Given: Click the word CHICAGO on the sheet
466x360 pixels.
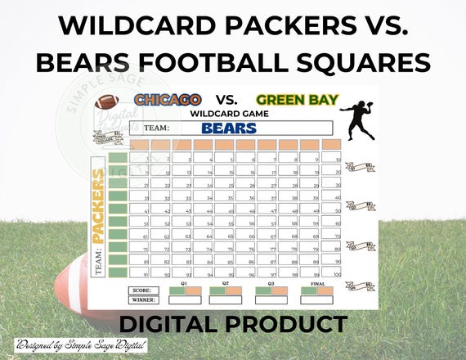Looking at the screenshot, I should click(x=168, y=99).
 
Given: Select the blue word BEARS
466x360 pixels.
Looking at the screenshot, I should click(x=228, y=128).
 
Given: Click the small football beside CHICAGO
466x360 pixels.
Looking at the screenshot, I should click(x=107, y=101).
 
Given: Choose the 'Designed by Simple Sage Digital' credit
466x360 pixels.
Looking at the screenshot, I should click(x=58, y=346).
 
